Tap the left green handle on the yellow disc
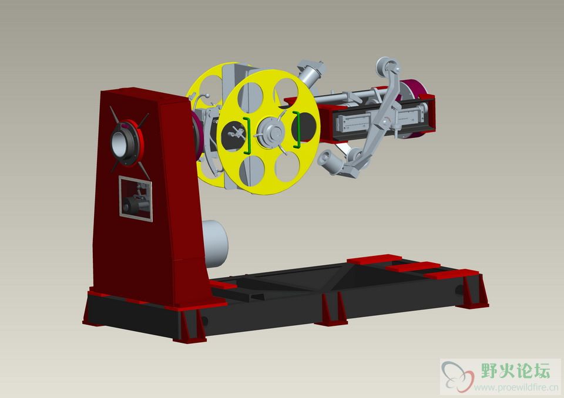click(247, 136)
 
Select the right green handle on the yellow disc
click(297, 129)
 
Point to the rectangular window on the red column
click(136, 199)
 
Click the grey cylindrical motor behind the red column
click(215, 244)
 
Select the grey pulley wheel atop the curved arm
click(387, 66)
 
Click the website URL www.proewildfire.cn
click(516, 387)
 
